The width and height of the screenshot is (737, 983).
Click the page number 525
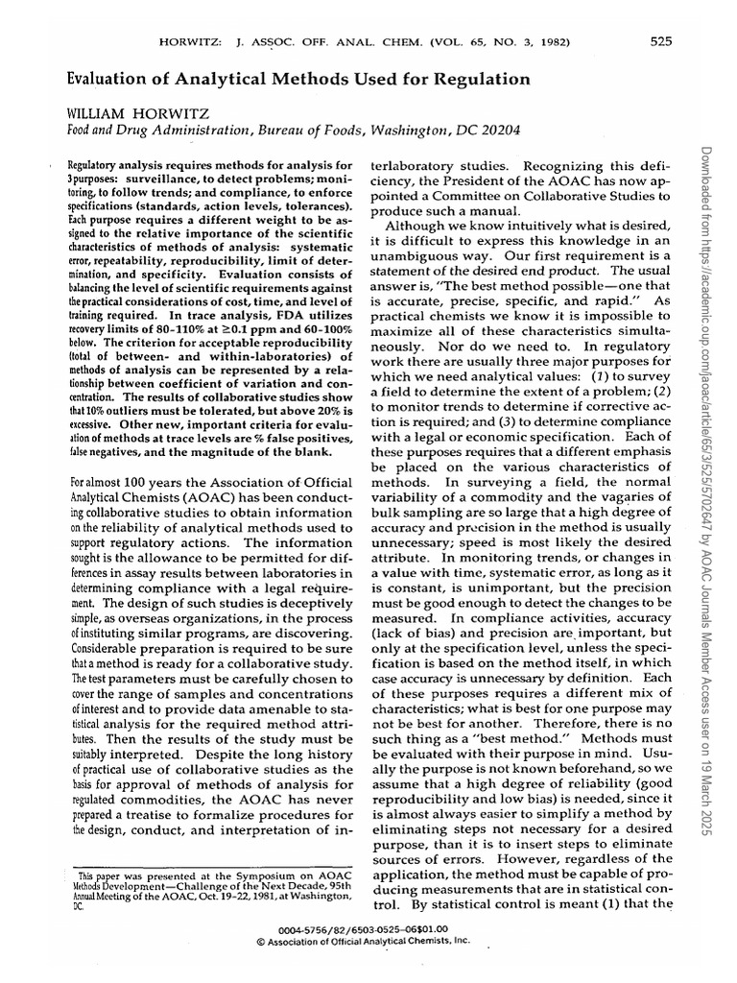[x=659, y=41]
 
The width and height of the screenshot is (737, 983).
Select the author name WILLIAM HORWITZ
[x=138, y=114]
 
